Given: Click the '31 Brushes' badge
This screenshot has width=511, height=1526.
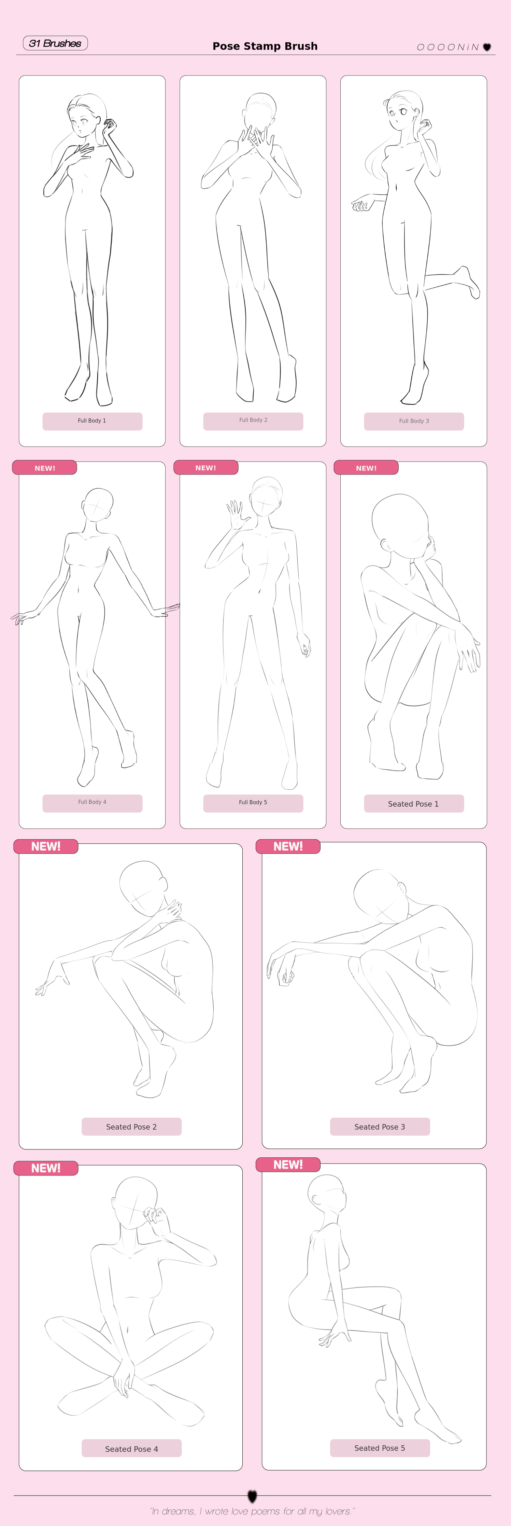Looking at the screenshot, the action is pyautogui.click(x=55, y=43).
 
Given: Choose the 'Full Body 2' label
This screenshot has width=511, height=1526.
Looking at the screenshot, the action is pyautogui.click(x=253, y=420).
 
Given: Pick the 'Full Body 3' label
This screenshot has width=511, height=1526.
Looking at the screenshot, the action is pyautogui.click(x=414, y=421).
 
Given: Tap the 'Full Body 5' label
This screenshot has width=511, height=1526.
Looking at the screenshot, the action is pyautogui.click(x=253, y=802).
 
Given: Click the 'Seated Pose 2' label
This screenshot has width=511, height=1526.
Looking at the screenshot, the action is pyautogui.click(x=131, y=1126).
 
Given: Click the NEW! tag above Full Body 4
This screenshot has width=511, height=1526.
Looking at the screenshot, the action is pyautogui.click(x=44, y=467).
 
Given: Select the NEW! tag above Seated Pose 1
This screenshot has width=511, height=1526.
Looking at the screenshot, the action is pyautogui.click(x=366, y=467).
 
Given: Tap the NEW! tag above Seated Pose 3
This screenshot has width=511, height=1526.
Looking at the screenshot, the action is pyautogui.click(x=288, y=846).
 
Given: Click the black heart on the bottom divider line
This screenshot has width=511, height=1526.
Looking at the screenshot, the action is pyautogui.click(x=252, y=1496).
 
